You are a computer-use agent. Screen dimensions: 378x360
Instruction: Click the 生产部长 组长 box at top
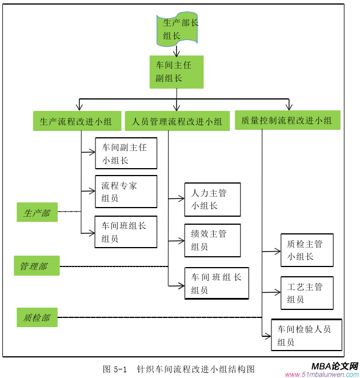coord(177,29)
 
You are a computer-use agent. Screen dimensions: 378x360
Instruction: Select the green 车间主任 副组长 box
coord(176,71)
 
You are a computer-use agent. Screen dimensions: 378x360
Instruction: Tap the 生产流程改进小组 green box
coord(76,121)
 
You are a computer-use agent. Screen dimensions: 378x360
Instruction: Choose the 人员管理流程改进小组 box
coord(177,121)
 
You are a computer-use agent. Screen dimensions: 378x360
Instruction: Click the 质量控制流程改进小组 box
coord(287,120)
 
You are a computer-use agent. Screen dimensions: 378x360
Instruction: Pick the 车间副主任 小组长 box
coord(126,153)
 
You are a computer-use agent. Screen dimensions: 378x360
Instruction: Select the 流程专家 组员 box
coord(126,192)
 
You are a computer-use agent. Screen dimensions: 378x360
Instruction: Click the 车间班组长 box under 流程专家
coord(126,232)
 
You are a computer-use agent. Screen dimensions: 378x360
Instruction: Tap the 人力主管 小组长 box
coord(213,200)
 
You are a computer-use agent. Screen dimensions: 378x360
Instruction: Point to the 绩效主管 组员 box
coord(213,240)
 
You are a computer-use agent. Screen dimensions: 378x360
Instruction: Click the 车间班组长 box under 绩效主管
coord(217,283)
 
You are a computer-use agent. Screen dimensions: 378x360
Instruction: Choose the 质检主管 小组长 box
coord(307,250)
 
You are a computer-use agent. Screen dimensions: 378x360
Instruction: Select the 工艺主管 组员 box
coord(307,293)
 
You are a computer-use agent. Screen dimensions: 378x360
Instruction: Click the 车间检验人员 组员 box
coord(306,335)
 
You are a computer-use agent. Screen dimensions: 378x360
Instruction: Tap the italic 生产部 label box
coord(37,213)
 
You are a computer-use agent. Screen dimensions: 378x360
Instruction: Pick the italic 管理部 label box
coord(37,266)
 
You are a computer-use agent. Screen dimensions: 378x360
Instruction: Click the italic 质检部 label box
coord(37,317)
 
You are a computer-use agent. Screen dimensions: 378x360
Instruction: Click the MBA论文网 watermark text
coord(334,366)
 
